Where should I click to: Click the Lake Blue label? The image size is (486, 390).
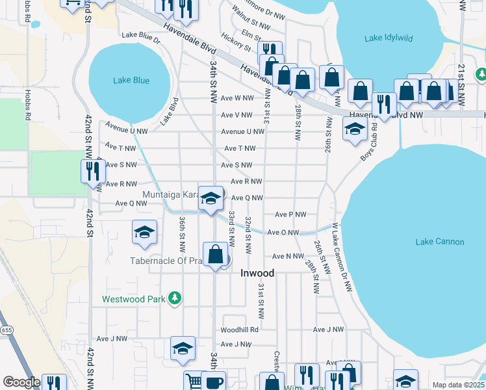tap(131, 81)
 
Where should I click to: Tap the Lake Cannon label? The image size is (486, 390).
tap(440, 242)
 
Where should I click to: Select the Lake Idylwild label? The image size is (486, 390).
tap(389, 38)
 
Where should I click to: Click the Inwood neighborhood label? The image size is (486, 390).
tap(257, 273)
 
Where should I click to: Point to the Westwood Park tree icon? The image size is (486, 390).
tap(174, 298)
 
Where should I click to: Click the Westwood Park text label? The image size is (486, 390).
tap(132, 300)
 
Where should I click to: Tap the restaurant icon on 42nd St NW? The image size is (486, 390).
tap(92, 171)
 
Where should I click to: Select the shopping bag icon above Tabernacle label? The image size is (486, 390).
tap(215, 254)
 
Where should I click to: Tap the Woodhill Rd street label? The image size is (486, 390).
tap(240, 330)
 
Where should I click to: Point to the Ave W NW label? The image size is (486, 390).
tap(237, 98)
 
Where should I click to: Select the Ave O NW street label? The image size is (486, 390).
tap(283, 232)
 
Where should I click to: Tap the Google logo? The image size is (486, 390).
tap(21, 382)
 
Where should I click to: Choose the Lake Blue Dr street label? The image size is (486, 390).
tap(140, 40)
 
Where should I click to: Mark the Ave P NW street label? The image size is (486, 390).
tap(290, 214)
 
